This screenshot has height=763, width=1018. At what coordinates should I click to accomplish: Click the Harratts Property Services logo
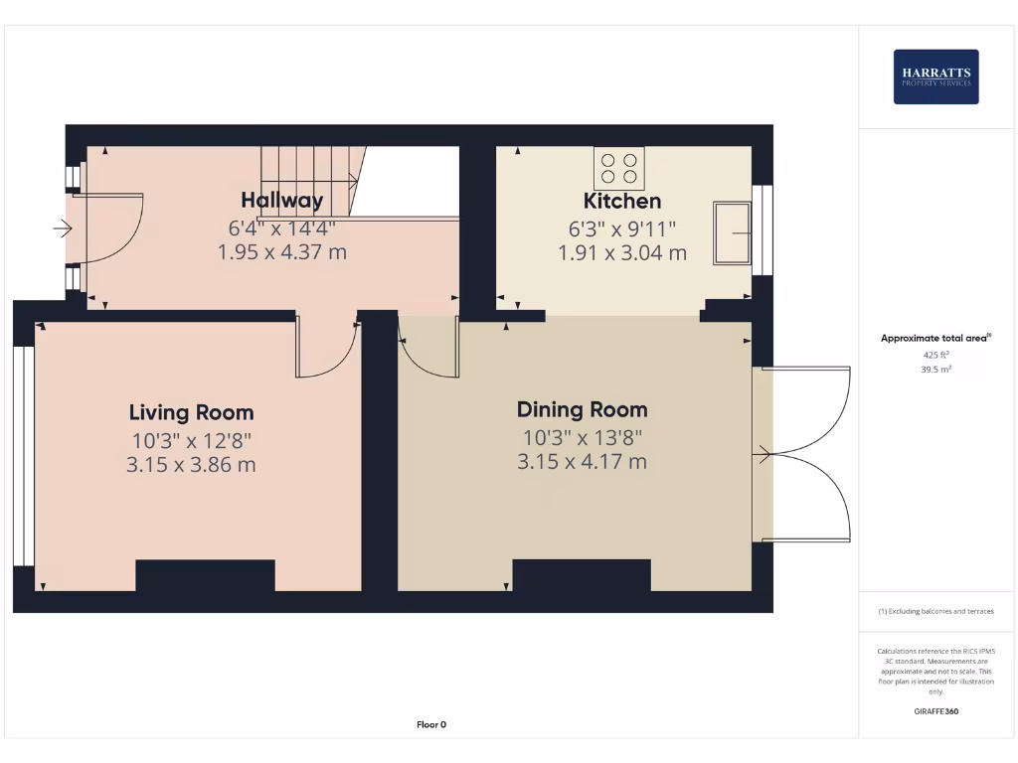pos(935,76)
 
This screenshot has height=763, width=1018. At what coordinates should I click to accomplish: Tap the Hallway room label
pos(281,200)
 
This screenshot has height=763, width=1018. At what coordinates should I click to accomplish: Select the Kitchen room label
pos(621,201)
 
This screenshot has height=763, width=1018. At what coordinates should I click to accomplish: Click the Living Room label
pos(191,412)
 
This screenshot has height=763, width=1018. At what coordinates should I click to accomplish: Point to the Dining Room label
pos(582,409)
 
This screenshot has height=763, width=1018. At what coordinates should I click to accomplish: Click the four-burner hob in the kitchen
pos(618,168)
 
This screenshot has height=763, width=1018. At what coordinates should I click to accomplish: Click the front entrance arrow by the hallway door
pos(63,229)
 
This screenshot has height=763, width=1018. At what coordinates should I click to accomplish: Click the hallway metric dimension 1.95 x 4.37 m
pos(281,252)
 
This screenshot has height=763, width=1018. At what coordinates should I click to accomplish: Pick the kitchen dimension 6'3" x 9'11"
pos(621,229)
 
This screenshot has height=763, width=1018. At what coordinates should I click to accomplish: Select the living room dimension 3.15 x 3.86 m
pos(191,463)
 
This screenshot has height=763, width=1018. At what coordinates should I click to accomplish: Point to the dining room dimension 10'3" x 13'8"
pos(582,436)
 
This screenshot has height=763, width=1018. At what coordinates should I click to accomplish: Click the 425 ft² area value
pos(935,354)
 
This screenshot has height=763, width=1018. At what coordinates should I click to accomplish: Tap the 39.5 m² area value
pos(935,368)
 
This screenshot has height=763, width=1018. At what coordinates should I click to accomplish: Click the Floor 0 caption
pos(430,724)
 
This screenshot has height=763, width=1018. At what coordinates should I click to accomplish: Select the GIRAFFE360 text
pos(935,711)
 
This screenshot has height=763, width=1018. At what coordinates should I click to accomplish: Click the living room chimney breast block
pos(205,575)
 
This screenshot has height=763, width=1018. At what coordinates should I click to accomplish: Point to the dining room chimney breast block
pos(582,575)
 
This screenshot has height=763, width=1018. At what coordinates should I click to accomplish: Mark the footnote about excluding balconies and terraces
pos(935,611)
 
